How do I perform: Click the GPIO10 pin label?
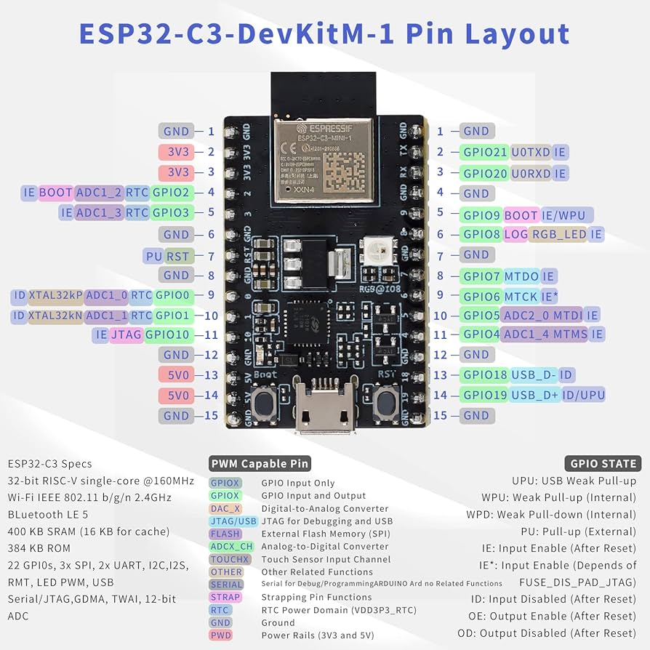168,335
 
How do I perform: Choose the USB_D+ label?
534,395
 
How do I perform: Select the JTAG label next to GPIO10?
126,335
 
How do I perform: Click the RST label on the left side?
179,256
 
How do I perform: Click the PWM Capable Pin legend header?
260,463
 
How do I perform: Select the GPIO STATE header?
603,463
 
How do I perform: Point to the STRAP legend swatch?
224,598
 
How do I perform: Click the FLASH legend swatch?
225,534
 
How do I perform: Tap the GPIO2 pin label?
172,193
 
